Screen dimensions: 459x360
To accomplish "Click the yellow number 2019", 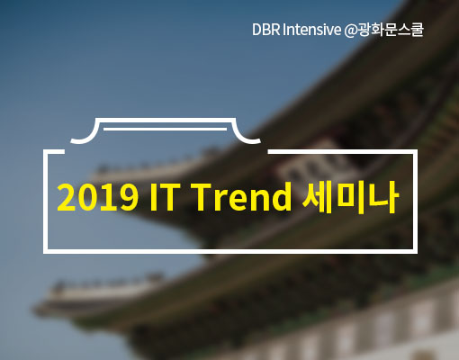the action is pos(97,197).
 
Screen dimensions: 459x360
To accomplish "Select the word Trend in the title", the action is pos(243,196).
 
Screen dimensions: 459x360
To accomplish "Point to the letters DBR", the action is pos(266,30).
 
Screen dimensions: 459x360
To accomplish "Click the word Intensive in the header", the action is pos(312,30).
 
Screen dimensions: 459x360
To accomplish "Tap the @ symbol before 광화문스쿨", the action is pos(350,31).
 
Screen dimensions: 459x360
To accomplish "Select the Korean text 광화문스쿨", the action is pos(390,30).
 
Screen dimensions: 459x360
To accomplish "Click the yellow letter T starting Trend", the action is pos(205,197).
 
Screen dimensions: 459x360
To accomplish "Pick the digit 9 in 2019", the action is pos(128,197).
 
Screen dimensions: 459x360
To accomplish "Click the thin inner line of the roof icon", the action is pos(165,130).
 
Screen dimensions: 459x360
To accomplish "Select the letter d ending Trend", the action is pos(281,196).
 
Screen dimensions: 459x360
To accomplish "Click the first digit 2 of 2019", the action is pos(67,197).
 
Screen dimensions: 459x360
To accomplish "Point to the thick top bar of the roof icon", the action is pos(166,121).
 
